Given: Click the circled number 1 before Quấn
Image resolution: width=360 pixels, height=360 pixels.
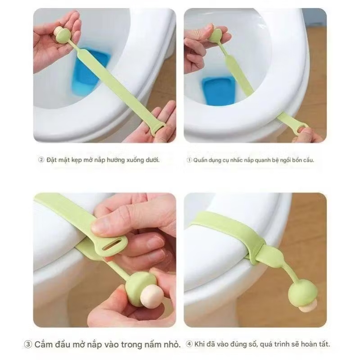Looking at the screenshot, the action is (x=189, y=160).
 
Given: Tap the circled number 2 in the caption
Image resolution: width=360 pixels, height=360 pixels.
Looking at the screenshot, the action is (x=41, y=159).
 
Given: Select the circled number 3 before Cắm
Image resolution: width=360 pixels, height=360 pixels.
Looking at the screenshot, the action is (x=28, y=344).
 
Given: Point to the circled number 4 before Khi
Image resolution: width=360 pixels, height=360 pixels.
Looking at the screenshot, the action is (x=189, y=344).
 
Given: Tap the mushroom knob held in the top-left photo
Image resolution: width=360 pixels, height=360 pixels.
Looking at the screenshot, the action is (x=63, y=34).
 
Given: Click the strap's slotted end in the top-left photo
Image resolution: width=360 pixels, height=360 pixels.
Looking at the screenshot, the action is (x=159, y=130).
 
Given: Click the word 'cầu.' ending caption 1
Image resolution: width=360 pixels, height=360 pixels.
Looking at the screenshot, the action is (x=308, y=160).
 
